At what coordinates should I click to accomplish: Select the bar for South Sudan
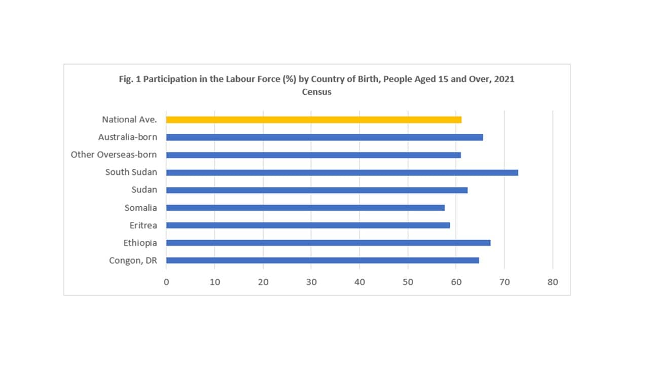(x=342, y=172)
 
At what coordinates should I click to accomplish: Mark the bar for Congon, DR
(x=322, y=261)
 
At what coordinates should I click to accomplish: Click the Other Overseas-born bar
(x=313, y=155)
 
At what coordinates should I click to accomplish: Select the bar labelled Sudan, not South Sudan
(x=316, y=190)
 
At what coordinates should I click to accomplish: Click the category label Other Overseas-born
(x=114, y=155)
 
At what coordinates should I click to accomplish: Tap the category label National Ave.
(x=129, y=120)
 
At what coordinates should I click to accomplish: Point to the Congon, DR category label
(x=133, y=261)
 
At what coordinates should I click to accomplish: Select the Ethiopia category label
(x=140, y=243)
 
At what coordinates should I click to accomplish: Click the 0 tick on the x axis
(x=166, y=282)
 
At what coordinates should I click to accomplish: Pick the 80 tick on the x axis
(x=553, y=282)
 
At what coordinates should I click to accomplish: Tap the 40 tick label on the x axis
(x=359, y=282)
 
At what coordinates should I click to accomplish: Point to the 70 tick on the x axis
(x=504, y=282)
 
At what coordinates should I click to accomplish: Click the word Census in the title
(x=316, y=92)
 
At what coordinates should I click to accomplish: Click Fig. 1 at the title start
(x=128, y=80)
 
